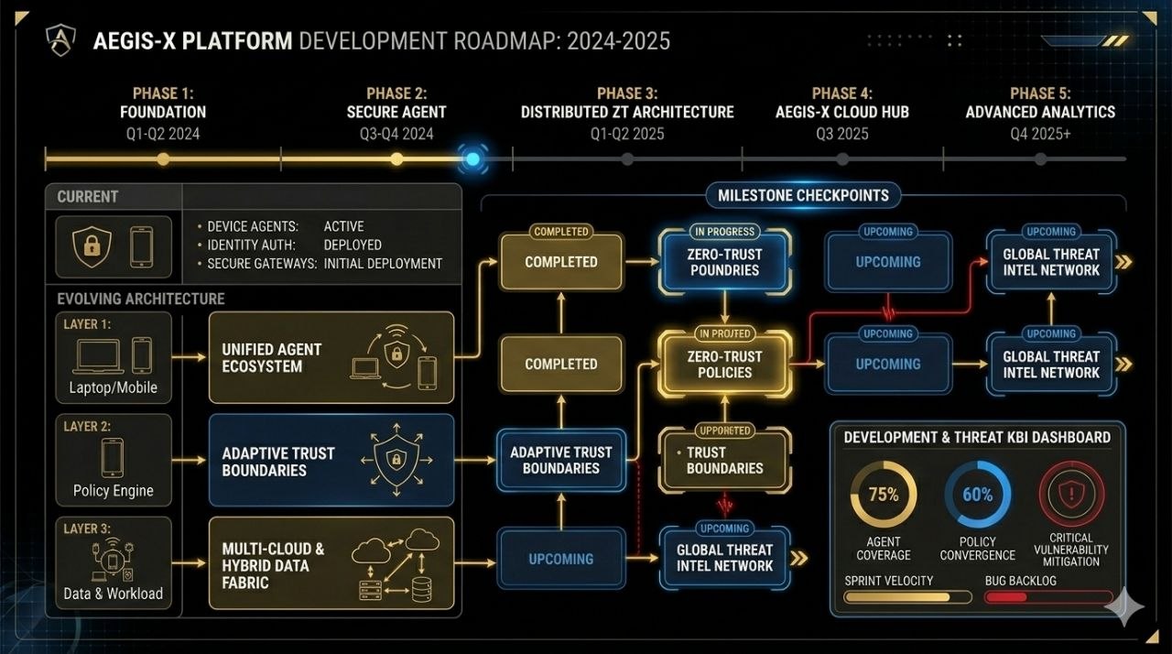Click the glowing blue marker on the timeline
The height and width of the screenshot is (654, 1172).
pos(472,158)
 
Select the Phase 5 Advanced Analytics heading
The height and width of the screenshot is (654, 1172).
pos(1040,103)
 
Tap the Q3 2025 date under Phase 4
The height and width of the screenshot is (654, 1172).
pos(842,134)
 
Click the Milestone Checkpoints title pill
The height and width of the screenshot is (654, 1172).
pos(803,195)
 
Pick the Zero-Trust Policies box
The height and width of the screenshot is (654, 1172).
pos(724,365)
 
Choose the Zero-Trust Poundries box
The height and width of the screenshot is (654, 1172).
pos(724,262)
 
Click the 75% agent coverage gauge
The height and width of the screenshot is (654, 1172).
pos(884,495)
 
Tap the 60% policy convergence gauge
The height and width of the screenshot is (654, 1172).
pos(977,495)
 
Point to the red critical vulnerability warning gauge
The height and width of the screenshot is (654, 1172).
pos(1070,495)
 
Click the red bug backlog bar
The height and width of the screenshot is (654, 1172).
pos(1035,597)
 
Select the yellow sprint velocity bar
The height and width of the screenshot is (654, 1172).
pos(906,597)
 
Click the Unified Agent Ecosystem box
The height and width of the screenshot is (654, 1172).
pos(331,357)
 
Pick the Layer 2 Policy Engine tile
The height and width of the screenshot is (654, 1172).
pos(114,460)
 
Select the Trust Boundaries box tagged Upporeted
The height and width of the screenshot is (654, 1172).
pos(724,460)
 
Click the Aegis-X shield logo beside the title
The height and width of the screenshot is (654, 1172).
pos(62,41)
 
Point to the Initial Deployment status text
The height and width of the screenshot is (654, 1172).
pos(383,264)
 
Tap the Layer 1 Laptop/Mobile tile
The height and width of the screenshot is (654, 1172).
pos(114,357)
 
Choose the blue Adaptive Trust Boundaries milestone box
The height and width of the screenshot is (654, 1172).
pos(560,460)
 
